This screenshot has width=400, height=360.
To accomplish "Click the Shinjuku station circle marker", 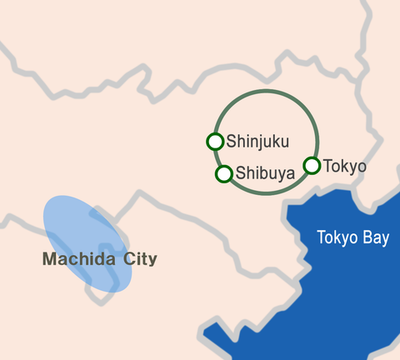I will coord(215,142).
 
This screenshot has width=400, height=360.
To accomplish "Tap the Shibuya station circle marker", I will coord(223,174).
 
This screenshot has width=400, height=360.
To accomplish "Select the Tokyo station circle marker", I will coord(312,165).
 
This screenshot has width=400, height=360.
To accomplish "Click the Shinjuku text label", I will coord(257,142).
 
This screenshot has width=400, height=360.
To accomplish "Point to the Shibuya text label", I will coord(265,174).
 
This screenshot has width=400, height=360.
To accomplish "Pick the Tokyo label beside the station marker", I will coord(344,166).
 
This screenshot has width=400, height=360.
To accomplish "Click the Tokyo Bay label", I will coord(352,237).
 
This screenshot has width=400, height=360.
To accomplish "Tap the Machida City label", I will coord(99,259).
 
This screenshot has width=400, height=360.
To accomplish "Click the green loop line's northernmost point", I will coord(266,91).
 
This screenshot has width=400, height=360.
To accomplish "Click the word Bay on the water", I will coord(375,238).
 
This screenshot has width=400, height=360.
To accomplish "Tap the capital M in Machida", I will coord(48,259).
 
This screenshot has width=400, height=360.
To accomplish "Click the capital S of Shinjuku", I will coord(231,142).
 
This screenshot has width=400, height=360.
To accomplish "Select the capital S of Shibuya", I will coord(240,174).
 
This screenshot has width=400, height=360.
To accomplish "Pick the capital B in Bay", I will coord(365,237).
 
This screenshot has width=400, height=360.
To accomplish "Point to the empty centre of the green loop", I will coord(266,117).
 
